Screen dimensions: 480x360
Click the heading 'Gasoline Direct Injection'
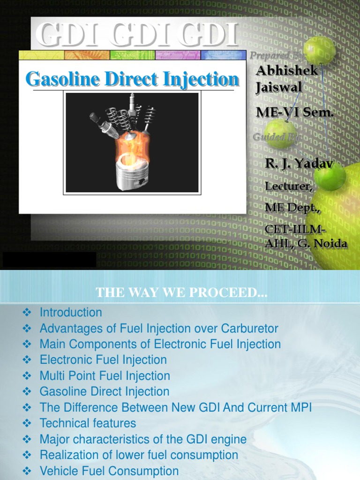(x=133, y=79)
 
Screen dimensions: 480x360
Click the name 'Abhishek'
(x=287, y=71)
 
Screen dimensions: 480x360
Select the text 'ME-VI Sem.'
(x=295, y=112)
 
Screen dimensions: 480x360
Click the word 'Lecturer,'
(x=288, y=186)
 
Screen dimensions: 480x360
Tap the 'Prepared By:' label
(x=277, y=56)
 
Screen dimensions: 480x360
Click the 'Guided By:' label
(x=277, y=137)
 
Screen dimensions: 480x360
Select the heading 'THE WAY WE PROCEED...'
(x=181, y=293)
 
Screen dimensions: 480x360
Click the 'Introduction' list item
(x=71, y=312)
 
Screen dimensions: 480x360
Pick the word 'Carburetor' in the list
(x=248, y=328)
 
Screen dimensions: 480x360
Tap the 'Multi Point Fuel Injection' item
(x=105, y=375)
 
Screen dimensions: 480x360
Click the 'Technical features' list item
(x=88, y=423)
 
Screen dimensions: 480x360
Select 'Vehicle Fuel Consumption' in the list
(x=109, y=471)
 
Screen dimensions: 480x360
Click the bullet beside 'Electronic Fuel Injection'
(x=27, y=360)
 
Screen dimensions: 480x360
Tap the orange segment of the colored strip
(x=87, y=55)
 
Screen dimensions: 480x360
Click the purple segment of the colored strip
(x=178, y=55)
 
